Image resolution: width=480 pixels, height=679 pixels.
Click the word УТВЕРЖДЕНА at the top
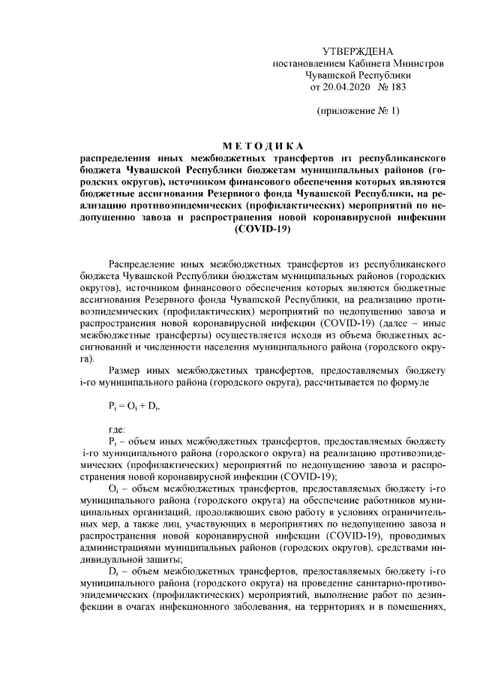click(x=357, y=51)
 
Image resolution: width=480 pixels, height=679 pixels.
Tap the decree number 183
click(x=395, y=87)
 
